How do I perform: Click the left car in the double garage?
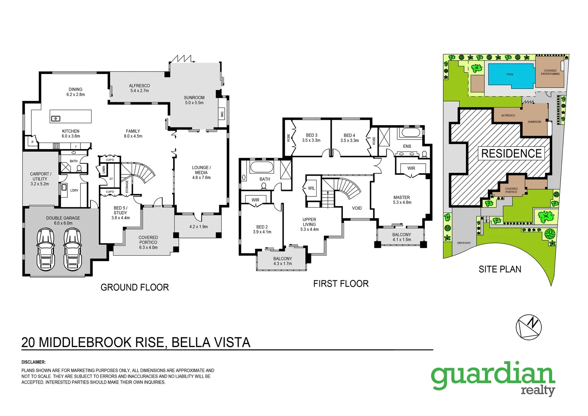point(45,249)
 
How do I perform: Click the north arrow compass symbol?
point(528,327)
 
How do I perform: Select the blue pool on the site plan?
point(511,74)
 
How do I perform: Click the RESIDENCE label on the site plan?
point(511,153)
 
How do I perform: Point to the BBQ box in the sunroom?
point(222,114)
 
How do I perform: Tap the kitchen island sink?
point(56,119)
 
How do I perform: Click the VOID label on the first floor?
point(357,208)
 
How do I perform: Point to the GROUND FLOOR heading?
point(135,287)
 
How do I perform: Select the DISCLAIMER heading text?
point(33,362)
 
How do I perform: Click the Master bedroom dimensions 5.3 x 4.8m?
point(402,202)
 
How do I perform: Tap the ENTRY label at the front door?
point(158,206)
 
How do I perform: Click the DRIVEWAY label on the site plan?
point(464,243)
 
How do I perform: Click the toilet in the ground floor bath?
point(79,168)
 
